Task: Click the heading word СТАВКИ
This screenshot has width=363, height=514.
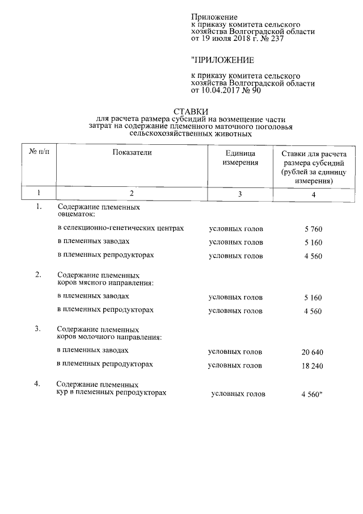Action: pos(191,111)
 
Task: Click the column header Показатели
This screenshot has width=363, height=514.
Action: pos(132,152)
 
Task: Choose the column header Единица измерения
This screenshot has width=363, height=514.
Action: pos(240,157)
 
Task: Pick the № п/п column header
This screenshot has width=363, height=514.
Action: pos(39,152)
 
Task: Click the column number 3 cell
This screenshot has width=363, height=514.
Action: pos(240,194)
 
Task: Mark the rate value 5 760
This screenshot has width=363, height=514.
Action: pos(313,229)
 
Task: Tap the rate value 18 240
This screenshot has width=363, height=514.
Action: pos(312,366)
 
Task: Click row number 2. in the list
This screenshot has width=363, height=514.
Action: pos(38,275)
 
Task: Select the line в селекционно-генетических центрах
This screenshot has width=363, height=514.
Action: pos(121,228)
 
